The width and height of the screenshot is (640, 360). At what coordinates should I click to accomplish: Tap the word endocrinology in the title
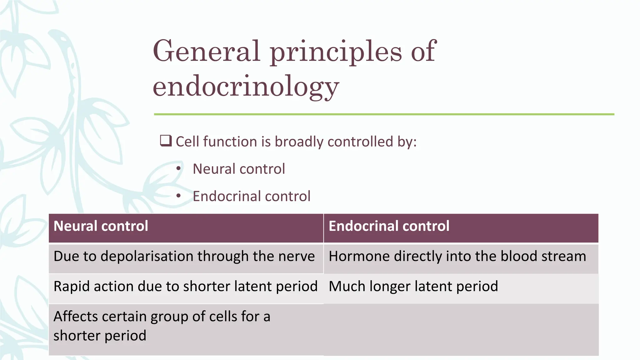pos(246,86)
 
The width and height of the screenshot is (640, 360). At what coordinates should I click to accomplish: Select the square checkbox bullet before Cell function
pos(166,141)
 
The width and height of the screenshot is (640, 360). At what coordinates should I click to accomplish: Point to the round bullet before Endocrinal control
pos(178,196)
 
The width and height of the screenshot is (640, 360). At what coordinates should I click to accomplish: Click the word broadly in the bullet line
pos(299,142)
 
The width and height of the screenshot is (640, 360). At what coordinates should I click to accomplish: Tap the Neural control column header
pos(101,226)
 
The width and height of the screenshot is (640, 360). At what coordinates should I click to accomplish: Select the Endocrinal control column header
pos(389,226)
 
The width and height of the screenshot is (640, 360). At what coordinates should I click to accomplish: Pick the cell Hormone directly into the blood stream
pos(457,256)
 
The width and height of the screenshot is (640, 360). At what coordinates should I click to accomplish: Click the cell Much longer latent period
pos(413,286)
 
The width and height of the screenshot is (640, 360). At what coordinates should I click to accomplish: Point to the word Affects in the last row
pos(75,317)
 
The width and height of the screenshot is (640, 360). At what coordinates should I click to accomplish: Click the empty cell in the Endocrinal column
pos(461,330)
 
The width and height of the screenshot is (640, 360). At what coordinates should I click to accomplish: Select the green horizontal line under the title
pos(384,114)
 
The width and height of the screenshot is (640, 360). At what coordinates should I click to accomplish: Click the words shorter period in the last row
pos(100,336)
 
